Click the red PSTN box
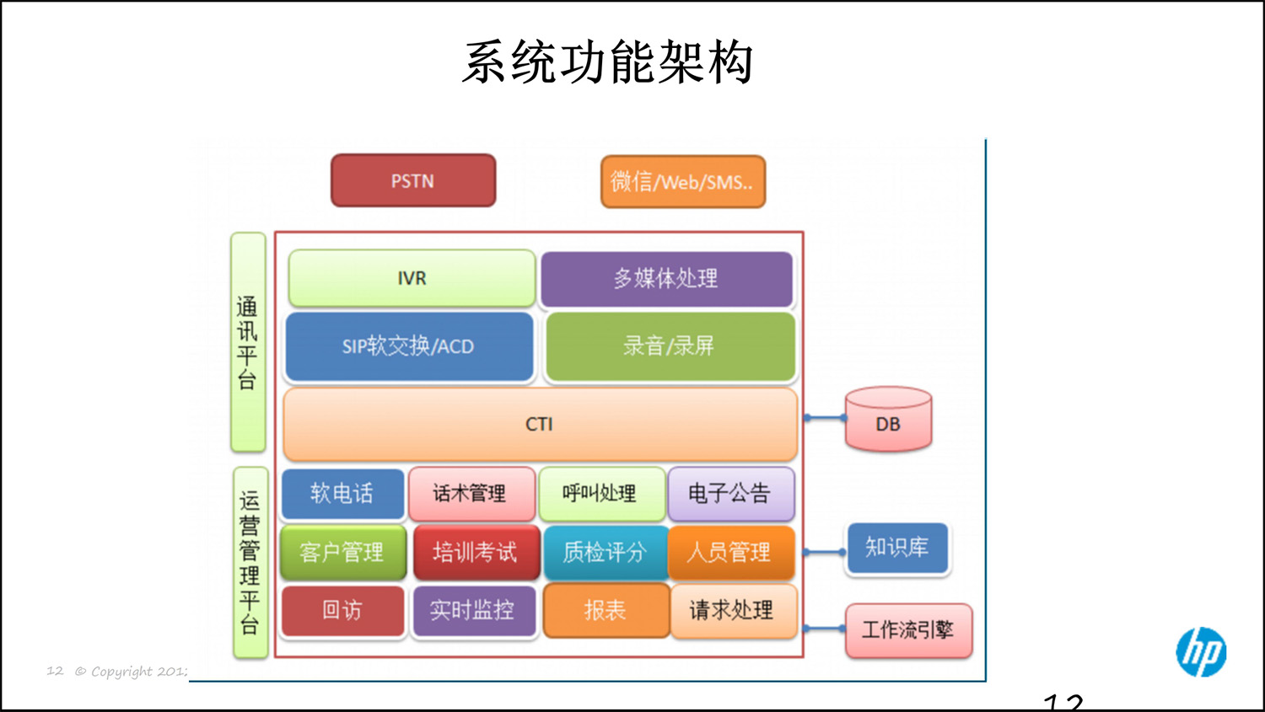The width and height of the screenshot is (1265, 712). [412, 180]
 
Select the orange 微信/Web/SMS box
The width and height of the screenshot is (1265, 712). [682, 181]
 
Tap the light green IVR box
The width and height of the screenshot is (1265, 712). [412, 278]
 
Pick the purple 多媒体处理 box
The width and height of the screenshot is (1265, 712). [666, 278]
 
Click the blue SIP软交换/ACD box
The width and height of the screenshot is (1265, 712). [409, 346]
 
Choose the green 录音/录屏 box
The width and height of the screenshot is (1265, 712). [670, 346]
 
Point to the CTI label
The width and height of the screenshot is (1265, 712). [539, 424]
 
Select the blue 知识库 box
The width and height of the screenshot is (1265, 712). [897, 549]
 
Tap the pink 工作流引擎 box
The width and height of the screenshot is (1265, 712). [908, 630]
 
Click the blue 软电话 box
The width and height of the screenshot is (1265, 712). [342, 493]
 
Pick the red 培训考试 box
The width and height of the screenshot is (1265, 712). [476, 552]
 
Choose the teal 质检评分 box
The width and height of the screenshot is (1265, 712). [605, 552]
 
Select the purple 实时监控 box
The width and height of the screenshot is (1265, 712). [473, 610]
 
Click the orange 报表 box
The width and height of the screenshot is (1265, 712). [606, 610]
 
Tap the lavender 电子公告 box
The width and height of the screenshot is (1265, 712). [730, 493]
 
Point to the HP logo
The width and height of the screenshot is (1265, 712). [1201, 652]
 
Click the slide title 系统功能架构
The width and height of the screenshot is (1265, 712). [607, 62]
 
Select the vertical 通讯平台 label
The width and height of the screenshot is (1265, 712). [248, 342]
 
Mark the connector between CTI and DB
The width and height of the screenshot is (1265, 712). [824, 418]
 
